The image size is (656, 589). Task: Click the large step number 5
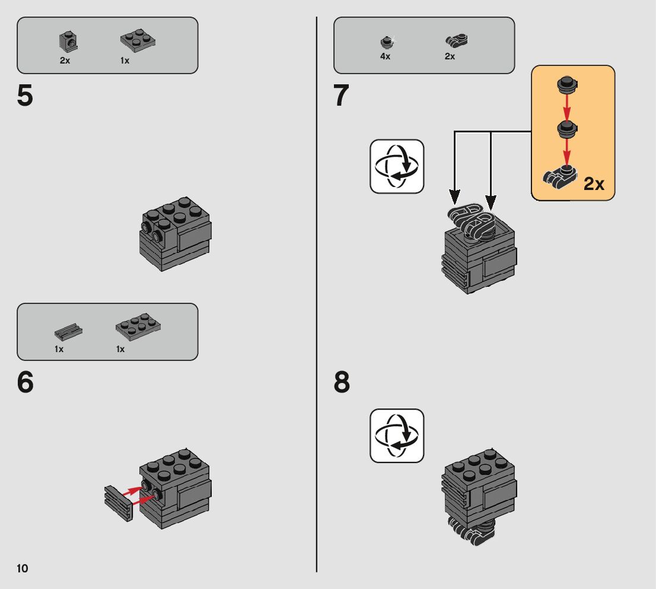click(x=25, y=96)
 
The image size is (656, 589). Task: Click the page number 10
click(x=22, y=568)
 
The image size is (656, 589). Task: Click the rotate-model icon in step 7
click(x=397, y=166)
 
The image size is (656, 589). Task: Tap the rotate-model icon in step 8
click(x=397, y=436)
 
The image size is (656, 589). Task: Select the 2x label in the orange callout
click(x=594, y=183)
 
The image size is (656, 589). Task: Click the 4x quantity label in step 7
click(x=385, y=56)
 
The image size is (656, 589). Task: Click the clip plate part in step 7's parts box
click(x=457, y=40)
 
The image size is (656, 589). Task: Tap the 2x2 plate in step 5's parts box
click(x=138, y=40)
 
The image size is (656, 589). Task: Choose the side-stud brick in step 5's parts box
click(x=69, y=41)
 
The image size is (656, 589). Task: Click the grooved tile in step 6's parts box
click(x=68, y=332)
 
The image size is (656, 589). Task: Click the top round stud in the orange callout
click(x=567, y=85)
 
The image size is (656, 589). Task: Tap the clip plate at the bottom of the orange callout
click(x=560, y=176)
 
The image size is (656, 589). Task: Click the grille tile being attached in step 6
click(x=119, y=503)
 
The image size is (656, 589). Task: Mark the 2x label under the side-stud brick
click(x=65, y=61)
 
